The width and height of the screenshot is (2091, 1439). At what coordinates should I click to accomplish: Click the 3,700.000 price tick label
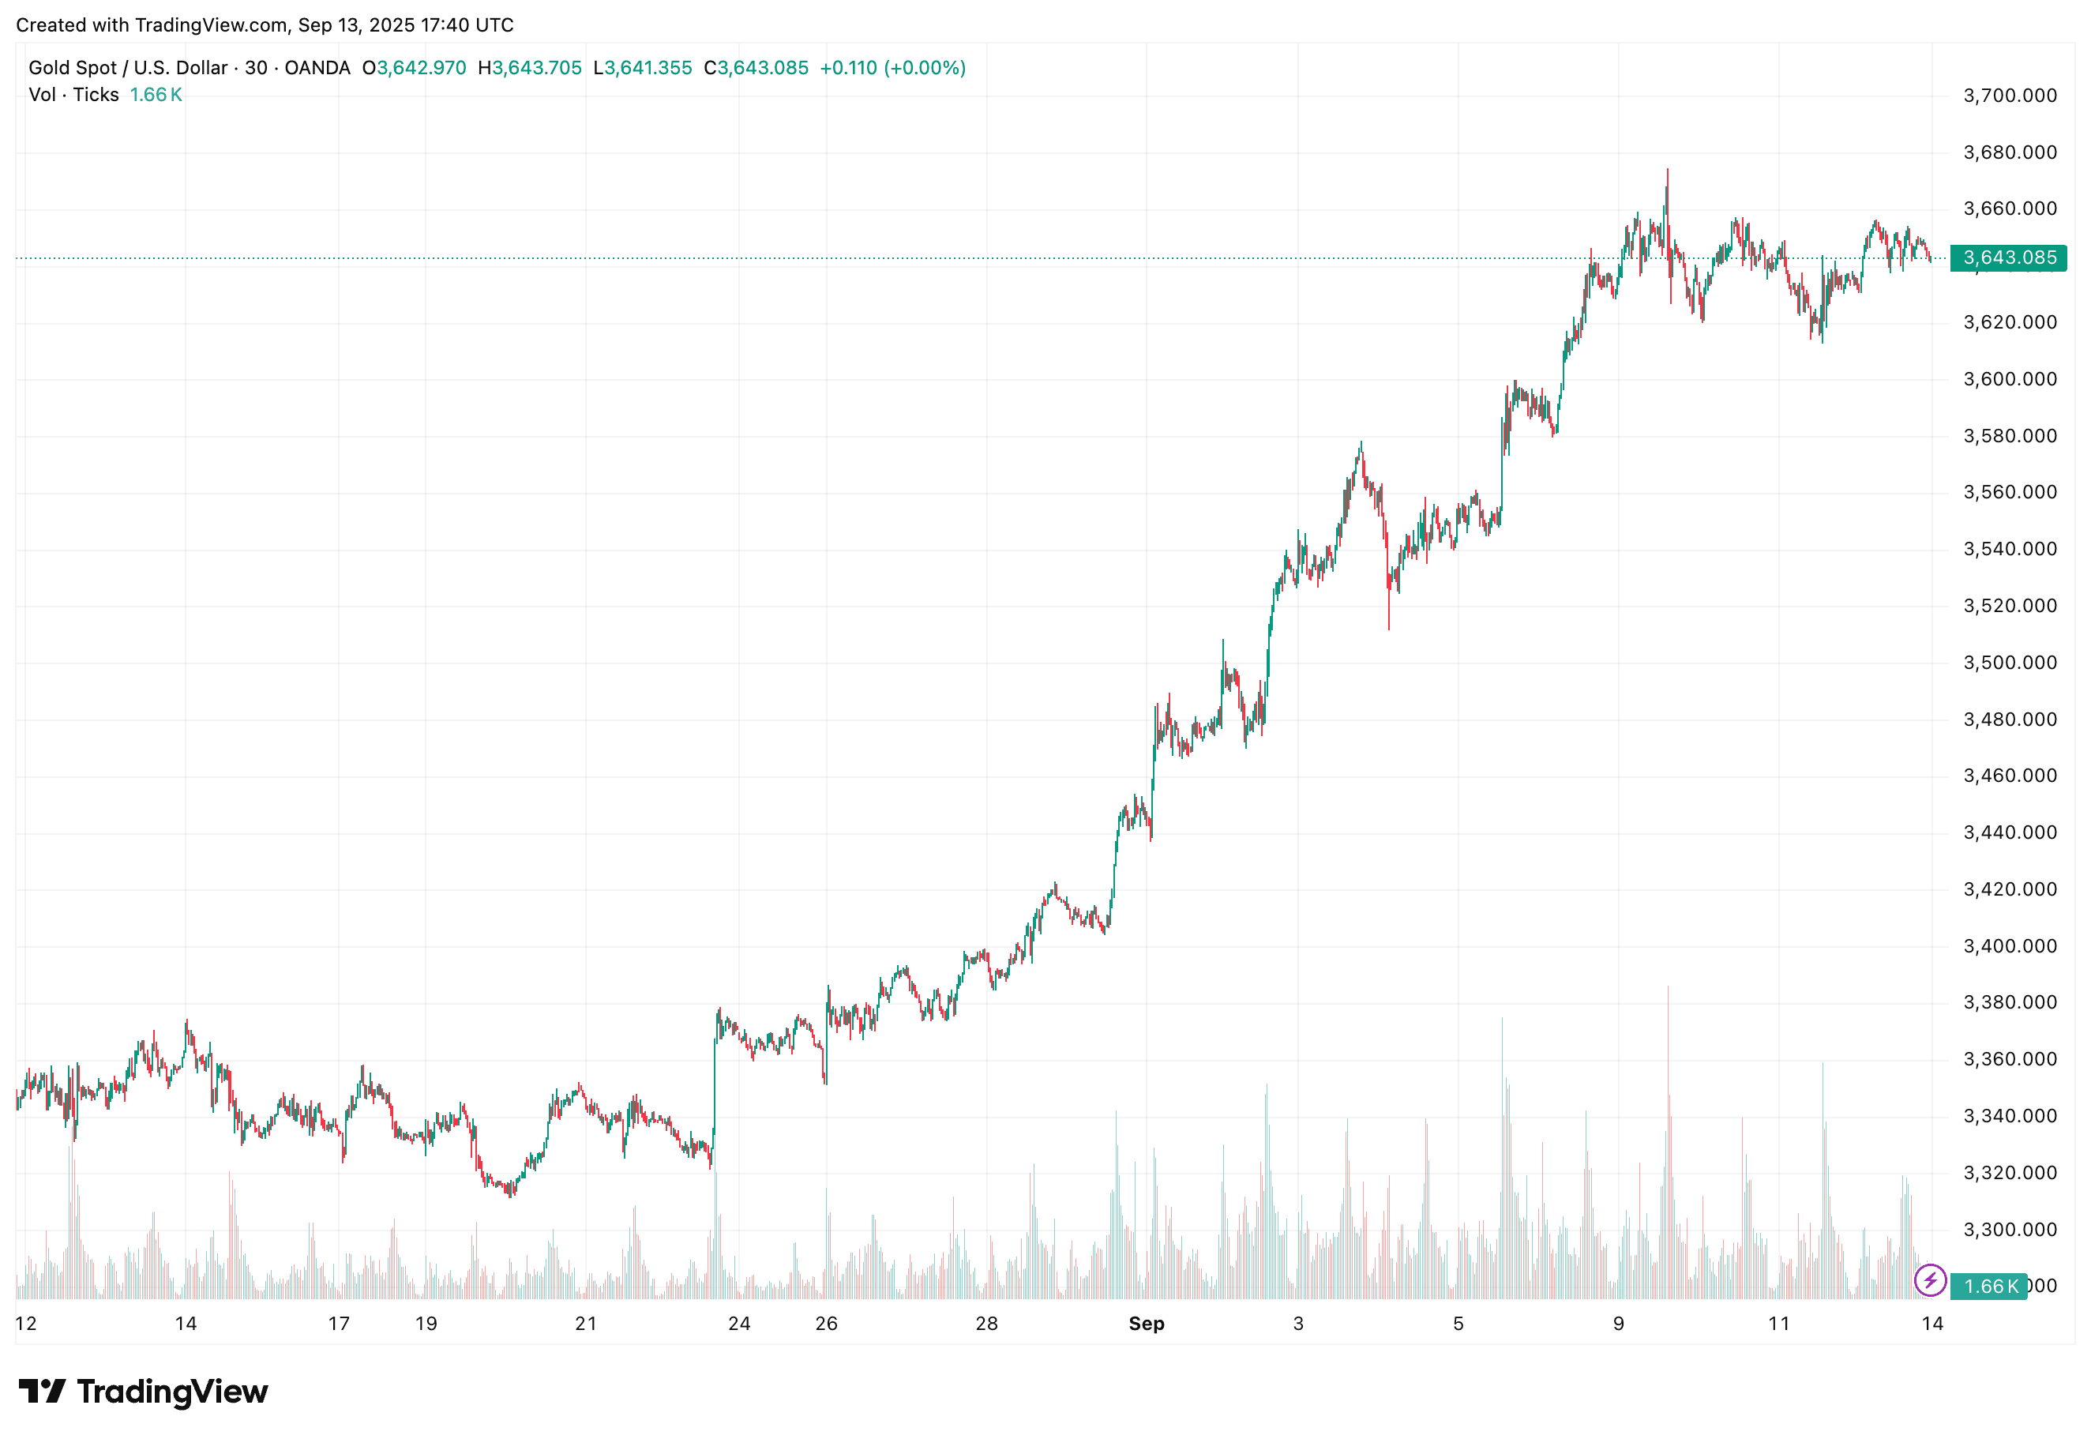click(x=2009, y=96)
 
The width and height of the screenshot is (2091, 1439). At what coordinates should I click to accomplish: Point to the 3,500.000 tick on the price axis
click(x=2009, y=663)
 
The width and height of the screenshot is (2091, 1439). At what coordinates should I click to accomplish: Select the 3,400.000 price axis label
click(x=2009, y=946)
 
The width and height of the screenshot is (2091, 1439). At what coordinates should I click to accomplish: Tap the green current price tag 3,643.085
click(x=2007, y=257)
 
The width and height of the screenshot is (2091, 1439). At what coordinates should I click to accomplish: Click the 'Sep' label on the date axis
click(x=1147, y=1324)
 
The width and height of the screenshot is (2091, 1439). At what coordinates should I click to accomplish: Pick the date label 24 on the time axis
click(x=739, y=1324)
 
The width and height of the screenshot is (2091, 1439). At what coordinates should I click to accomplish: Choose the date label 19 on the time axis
click(x=426, y=1324)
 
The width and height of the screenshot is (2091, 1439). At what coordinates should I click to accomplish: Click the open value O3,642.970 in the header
click(x=415, y=68)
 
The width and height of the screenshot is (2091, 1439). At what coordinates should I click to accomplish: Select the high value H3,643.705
click(x=530, y=68)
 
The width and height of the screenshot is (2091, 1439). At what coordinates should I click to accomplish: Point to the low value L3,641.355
click(x=643, y=68)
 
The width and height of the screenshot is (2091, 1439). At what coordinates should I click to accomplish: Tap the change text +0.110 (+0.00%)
click(x=892, y=68)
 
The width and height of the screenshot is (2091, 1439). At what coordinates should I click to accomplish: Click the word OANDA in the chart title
click(x=317, y=68)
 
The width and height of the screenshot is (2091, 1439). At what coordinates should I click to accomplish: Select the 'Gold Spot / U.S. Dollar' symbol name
click(x=128, y=68)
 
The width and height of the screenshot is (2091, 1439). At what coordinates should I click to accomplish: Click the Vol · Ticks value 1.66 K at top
click(x=156, y=95)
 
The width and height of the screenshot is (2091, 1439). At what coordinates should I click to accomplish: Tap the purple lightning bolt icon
click(x=1930, y=1281)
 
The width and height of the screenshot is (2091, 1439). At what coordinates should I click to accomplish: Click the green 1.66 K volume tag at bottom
click(x=1990, y=1287)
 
